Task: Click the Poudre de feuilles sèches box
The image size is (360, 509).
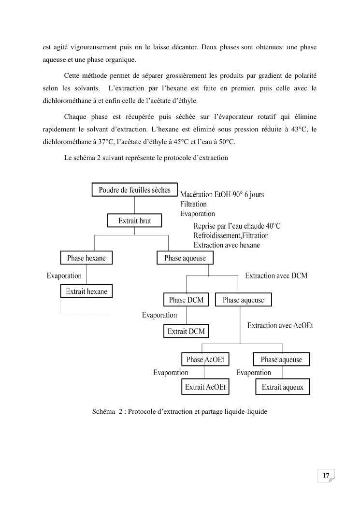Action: (134, 190)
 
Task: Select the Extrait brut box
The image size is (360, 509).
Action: (134, 221)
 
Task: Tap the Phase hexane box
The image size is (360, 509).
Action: (86, 258)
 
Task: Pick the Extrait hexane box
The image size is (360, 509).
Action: (86, 291)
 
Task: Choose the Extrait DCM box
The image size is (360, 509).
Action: (186, 331)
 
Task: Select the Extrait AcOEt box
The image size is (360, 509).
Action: (205, 387)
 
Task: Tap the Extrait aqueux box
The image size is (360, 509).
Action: (283, 387)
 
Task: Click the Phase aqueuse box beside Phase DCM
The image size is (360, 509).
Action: (243, 300)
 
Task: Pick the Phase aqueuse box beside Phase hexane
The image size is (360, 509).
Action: (185, 258)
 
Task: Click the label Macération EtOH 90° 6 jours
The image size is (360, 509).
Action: (222, 195)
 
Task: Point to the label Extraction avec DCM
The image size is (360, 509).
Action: (276, 276)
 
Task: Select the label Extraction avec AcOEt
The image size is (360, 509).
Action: (280, 326)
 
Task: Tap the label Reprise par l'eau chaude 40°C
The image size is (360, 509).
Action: (237, 226)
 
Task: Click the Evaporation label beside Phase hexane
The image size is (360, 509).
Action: (64, 276)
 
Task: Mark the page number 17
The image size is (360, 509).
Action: (326, 476)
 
